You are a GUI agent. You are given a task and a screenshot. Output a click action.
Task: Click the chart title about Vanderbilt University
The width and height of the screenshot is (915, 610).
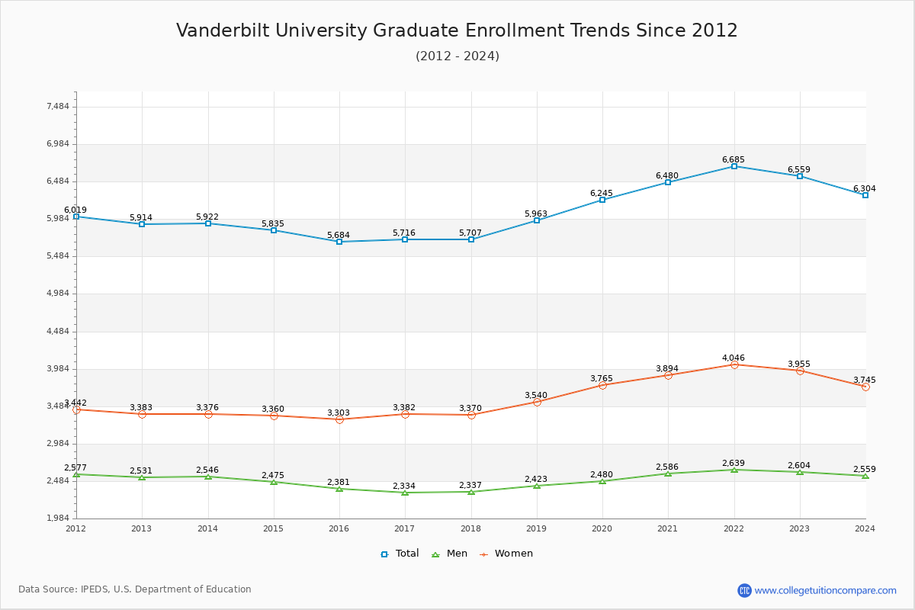457,30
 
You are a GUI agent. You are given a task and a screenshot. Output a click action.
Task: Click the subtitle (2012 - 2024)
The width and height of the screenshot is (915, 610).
457,56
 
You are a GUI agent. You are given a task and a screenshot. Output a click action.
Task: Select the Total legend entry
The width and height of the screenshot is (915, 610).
400,554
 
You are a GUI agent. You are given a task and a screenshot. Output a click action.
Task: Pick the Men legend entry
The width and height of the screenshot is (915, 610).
451,554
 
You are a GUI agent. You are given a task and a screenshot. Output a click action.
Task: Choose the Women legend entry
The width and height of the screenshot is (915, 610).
506,554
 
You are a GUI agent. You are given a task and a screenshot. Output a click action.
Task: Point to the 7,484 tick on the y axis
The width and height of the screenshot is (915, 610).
58,107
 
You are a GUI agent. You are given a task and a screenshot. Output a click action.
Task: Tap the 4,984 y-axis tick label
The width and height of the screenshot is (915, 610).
58,294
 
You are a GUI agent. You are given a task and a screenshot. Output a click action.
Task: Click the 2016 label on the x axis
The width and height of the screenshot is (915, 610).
339,528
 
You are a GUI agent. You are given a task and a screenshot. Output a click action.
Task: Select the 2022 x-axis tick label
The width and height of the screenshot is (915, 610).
734,528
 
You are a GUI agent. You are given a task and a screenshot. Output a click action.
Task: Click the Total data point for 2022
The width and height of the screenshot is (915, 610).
734,166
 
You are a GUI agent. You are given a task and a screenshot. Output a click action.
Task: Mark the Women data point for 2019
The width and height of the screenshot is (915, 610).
537,402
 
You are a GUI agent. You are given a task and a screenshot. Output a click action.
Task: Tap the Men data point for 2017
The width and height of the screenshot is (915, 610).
405,493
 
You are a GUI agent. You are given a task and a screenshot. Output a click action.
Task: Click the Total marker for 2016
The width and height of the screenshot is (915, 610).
339,242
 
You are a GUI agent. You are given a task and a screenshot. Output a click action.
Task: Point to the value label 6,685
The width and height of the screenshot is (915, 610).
734,159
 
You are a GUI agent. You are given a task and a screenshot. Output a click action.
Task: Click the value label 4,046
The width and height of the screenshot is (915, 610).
734,358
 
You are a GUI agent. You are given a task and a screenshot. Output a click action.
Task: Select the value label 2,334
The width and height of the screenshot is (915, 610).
404,486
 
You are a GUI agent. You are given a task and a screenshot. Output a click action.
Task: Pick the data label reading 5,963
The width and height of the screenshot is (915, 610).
536,213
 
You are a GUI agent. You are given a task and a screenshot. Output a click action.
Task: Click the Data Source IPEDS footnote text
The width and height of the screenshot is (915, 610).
135,589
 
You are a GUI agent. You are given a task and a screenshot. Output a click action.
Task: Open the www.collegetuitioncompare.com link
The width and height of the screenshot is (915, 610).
826,590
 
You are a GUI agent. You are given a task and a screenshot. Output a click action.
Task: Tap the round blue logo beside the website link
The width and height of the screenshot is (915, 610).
744,590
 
